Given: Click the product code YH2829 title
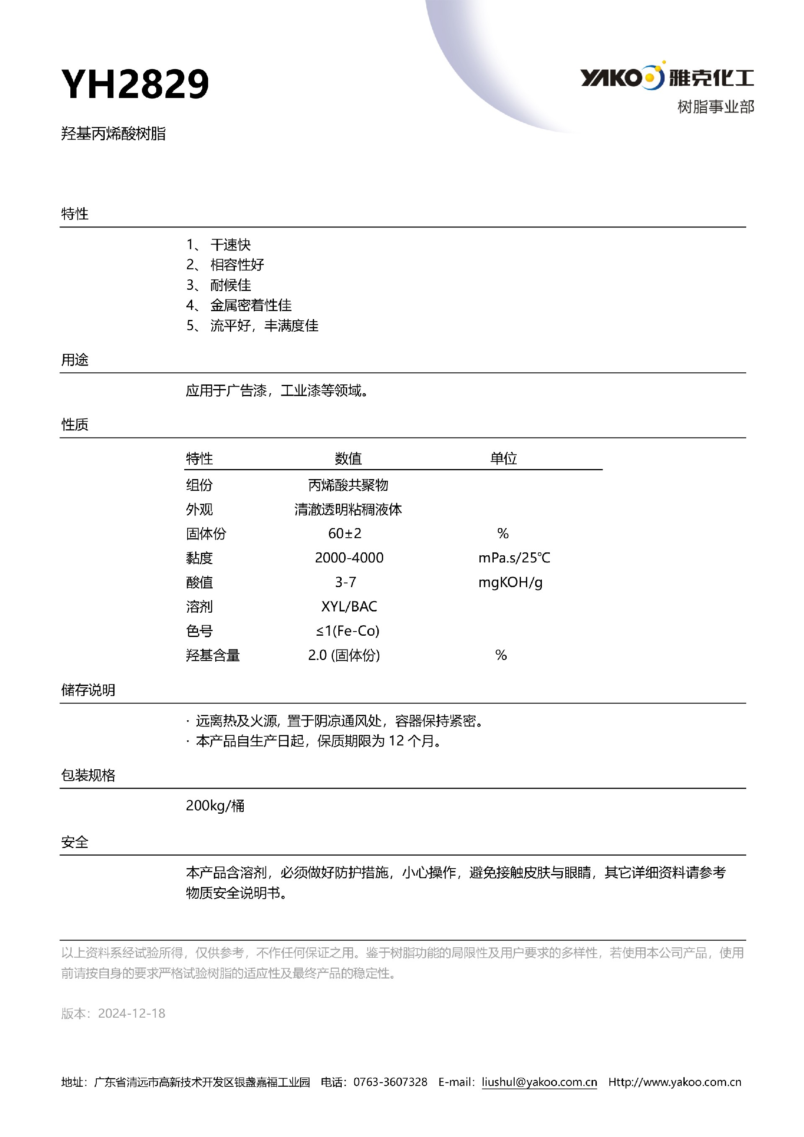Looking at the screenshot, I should pyautogui.click(x=135, y=84).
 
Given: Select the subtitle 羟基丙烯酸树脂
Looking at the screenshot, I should pyautogui.click(x=113, y=134).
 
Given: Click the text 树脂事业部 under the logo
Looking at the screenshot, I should pyautogui.click(x=715, y=107).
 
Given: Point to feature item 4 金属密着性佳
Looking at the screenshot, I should pyautogui.click(x=250, y=305).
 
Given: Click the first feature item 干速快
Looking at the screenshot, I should pyautogui.click(x=230, y=245).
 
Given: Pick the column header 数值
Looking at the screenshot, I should pyautogui.click(x=348, y=458).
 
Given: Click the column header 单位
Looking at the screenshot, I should pyautogui.click(x=503, y=458).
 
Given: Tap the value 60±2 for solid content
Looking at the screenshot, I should pyautogui.click(x=345, y=534).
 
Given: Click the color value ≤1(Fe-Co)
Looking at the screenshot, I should pyautogui.click(x=348, y=630).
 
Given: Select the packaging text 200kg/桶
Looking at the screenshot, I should pyautogui.click(x=215, y=806).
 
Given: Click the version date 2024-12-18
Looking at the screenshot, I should pyautogui.click(x=131, y=1013).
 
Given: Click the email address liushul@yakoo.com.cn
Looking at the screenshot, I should pyautogui.click(x=539, y=1082).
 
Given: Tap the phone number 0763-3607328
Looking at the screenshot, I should pyautogui.click(x=390, y=1082).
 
